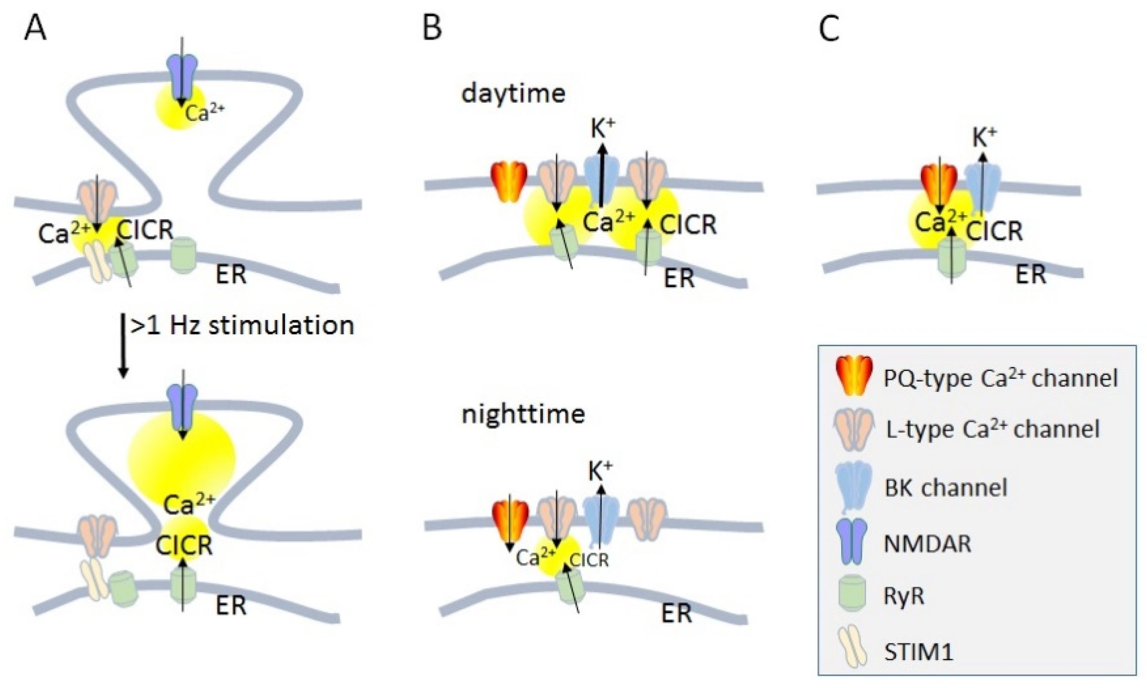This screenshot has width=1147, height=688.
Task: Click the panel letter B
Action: point(432,29)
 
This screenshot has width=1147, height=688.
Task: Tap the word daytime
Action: point(513,93)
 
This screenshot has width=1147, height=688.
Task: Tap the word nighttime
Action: point(523,414)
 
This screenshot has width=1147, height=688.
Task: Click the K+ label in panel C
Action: point(984,137)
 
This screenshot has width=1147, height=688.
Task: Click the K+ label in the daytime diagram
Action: point(602,128)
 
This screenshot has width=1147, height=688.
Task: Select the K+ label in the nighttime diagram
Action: point(600,471)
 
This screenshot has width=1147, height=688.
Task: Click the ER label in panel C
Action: point(1031,274)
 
